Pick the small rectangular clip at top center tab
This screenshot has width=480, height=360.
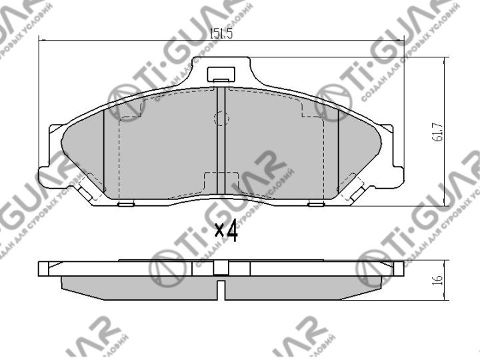(220, 75)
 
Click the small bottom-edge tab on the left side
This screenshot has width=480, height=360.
(125, 204)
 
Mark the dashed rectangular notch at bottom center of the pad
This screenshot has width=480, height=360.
(221, 182)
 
